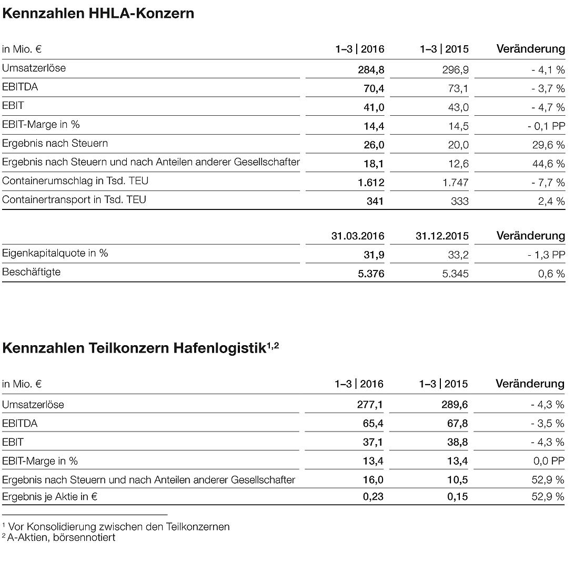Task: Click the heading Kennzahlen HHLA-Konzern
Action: [x=98, y=13]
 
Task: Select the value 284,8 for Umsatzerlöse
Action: [x=371, y=69]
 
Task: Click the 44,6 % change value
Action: [x=549, y=164]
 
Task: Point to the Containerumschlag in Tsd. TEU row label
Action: [x=75, y=181]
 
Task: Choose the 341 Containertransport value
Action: [x=375, y=201]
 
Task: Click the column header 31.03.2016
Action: [x=358, y=236]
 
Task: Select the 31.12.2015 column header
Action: [x=442, y=236]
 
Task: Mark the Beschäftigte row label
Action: [x=31, y=272]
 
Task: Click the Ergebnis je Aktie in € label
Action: [x=51, y=496]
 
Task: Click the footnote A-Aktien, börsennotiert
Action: [x=61, y=537]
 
